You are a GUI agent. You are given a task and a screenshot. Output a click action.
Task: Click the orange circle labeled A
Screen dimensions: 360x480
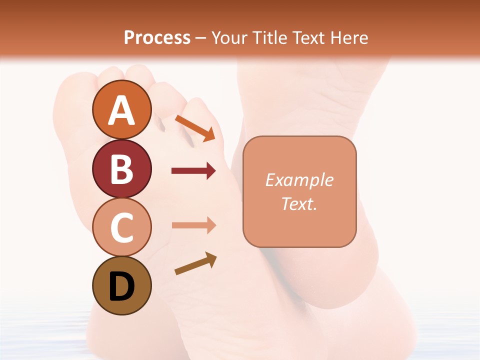(x=121, y=109)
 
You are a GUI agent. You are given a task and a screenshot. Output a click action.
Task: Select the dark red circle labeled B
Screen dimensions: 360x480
(x=121, y=168)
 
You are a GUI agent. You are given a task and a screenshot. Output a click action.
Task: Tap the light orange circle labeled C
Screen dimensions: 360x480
(x=121, y=227)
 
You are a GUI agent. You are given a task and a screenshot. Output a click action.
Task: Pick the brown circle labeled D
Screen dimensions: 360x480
(x=121, y=285)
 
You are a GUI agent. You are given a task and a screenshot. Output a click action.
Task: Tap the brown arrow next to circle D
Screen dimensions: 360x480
(x=195, y=263)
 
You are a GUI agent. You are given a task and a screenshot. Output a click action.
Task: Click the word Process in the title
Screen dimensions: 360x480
(x=157, y=37)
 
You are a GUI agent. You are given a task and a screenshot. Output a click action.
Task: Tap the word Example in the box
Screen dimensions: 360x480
(x=299, y=180)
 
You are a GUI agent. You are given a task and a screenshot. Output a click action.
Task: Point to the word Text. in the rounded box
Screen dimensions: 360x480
(x=299, y=203)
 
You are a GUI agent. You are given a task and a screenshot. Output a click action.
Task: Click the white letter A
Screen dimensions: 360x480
(x=121, y=110)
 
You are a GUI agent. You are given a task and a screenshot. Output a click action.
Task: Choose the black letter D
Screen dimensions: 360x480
(x=121, y=286)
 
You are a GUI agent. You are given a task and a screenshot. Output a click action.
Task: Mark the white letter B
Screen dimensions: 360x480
(x=121, y=169)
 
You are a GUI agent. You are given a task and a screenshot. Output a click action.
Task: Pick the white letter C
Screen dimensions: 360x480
(x=121, y=227)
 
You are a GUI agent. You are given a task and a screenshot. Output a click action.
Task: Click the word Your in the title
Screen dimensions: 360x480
(x=228, y=37)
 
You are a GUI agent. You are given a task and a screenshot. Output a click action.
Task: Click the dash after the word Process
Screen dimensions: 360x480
(x=201, y=38)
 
